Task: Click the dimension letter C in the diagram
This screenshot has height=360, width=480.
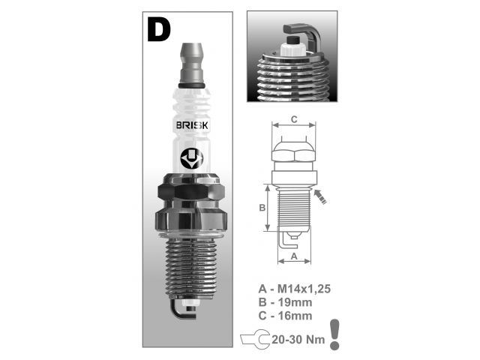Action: click(294, 118)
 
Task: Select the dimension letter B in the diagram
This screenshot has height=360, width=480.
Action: click(262, 208)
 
